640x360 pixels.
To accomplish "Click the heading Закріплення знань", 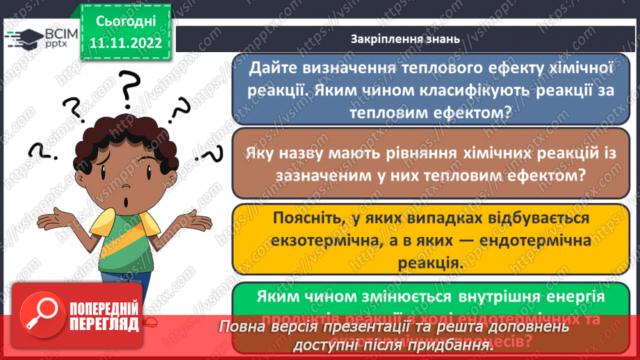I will click(x=405, y=39).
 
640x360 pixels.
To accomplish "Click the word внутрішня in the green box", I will click(x=473, y=296).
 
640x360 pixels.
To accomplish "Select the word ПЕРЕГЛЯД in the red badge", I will click(x=103, y=327).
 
